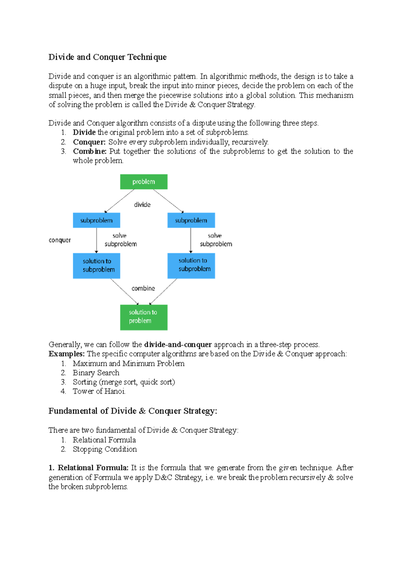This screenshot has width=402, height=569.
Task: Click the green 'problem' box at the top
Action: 144,182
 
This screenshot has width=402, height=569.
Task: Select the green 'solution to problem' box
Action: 144,317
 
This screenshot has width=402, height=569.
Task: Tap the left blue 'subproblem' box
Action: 96,220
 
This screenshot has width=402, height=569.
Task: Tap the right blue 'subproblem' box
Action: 191,220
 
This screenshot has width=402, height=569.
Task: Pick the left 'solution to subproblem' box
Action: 96,265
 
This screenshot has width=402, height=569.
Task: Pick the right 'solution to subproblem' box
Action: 191,265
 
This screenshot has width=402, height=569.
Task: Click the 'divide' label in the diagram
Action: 142,204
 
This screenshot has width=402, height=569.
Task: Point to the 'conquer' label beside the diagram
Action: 60,240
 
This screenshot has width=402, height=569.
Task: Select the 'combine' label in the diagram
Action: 143,288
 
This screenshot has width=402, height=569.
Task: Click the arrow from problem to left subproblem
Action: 120,201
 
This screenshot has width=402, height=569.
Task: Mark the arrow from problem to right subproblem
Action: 168,201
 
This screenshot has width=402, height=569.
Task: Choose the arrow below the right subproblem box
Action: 191,240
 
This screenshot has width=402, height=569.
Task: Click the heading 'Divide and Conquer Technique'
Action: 107,57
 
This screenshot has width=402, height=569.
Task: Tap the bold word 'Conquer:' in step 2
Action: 89,142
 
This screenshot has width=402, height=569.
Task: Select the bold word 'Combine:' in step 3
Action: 89,151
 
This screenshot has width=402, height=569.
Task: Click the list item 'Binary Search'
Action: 96,373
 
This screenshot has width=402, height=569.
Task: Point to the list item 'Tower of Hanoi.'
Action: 99,391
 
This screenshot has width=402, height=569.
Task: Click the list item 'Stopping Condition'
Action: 105,449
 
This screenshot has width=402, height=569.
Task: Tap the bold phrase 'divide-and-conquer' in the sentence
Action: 178,344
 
